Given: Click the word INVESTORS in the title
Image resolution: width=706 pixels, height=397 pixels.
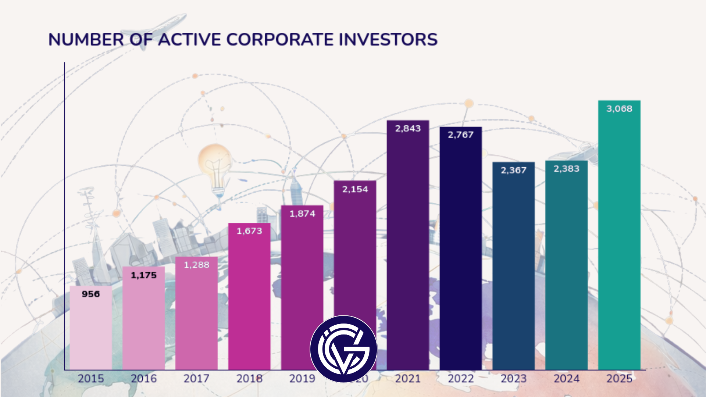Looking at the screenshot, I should (x=388, y=40).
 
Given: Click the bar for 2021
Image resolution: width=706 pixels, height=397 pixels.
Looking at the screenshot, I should (x=408, y=250).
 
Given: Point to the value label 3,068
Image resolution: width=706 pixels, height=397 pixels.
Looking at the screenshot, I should (x=619, y=109).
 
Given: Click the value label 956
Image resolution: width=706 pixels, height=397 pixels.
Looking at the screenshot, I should (x=91, y=294).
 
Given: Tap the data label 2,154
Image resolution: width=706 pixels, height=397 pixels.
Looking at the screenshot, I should (x=355, y=189).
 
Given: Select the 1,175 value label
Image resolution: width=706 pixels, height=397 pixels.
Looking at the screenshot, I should (x=144, y=275).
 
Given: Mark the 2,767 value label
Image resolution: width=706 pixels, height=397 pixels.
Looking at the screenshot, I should (x=461, y=135).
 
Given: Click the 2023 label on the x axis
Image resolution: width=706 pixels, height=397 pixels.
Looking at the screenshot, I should (x=514, y=379).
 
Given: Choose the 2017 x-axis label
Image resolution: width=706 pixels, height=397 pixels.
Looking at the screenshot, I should (x=196, y=379).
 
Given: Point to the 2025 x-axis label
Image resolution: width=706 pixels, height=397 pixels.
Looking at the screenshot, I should (x=619, y=379).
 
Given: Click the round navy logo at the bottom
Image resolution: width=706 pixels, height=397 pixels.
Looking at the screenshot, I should (x=343, y=349).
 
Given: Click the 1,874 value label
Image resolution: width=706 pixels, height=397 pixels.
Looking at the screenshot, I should (x=302, y=214).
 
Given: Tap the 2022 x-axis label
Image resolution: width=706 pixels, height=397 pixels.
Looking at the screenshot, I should (x=461, y=379).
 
